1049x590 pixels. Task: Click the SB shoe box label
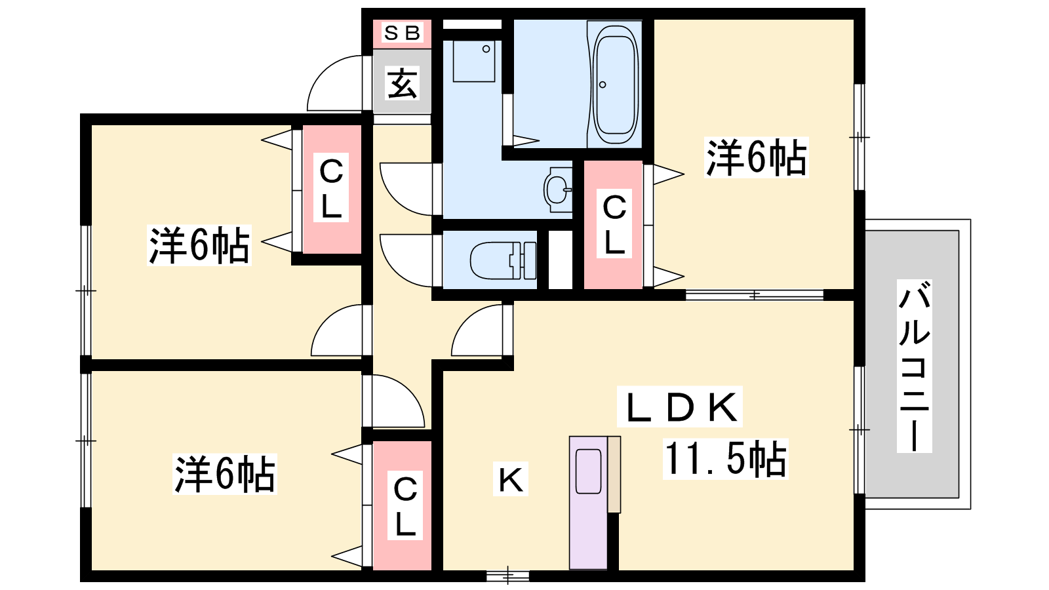pyautogui.click(x=402, y=33)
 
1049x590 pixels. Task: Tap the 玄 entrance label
pyautogui.click(x=402, y=83)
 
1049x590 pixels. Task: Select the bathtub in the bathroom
pyautogui.click(x=616, y=85)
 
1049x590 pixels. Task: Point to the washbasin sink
pyautogui.click(x=558, y=189)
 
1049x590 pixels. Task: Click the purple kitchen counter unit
pyautogui.click(x=588, y=502)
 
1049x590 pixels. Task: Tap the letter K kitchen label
pyautogui.click(x=510, y=479)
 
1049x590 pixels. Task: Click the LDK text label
pyautogui.click(x=679, y=406)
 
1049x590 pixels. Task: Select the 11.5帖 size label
pyautogui.click(x=725, y=459)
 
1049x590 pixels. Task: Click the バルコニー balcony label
pyautogui.click(x=914, y=366)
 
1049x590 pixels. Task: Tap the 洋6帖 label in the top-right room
pyautogui.click(x=756, y=157)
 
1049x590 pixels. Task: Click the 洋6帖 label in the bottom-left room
pyautogui.click(x=224, y=474)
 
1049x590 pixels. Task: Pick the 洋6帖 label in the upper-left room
pyautogui.click(x=199, y=245)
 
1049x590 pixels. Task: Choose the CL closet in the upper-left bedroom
pyautogui.click(x=331, y=189)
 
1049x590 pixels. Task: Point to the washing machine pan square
pyautogui.click(x=474, y=62)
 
